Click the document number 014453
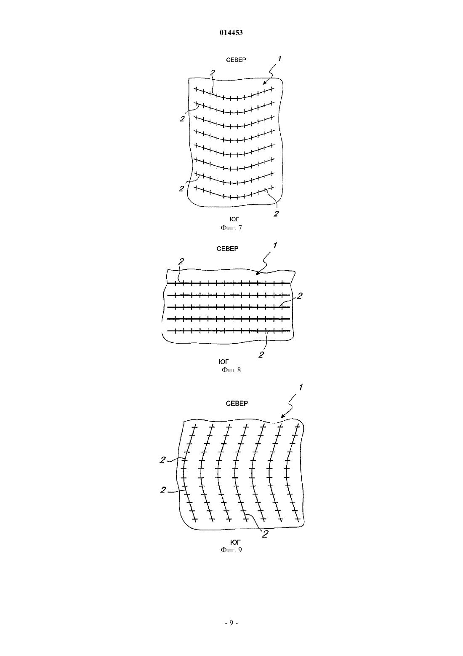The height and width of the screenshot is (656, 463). coord(231,33)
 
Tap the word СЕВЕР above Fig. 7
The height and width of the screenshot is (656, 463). coord(236,60)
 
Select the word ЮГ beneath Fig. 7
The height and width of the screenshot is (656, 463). coord(234,219)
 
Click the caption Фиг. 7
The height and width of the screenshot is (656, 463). coord(231,228)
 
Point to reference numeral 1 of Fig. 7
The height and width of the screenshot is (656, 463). coord(279,59)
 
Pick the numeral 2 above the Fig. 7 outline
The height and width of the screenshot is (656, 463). coord(212,73)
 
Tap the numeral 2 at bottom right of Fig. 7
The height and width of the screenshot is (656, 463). coord(276,213)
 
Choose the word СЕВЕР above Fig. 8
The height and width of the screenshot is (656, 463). coord(227,249)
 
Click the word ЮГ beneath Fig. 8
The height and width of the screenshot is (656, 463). coord(224,362)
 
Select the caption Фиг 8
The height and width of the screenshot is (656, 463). coord(231,370)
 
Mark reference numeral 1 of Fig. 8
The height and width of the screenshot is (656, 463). coord(275,245)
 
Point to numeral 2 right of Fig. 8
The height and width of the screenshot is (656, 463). coord(299,296)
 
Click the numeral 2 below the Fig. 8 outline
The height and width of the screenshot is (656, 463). coord(261,355)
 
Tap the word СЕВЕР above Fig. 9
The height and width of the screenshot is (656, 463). coord(237,403)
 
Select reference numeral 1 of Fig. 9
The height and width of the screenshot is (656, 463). coord(301,387)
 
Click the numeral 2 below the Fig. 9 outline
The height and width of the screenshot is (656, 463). coord(265,534)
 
